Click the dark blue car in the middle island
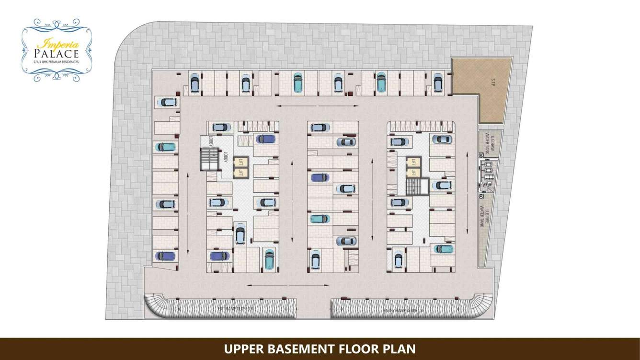coord(320,177)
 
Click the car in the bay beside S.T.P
coord(437,82)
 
